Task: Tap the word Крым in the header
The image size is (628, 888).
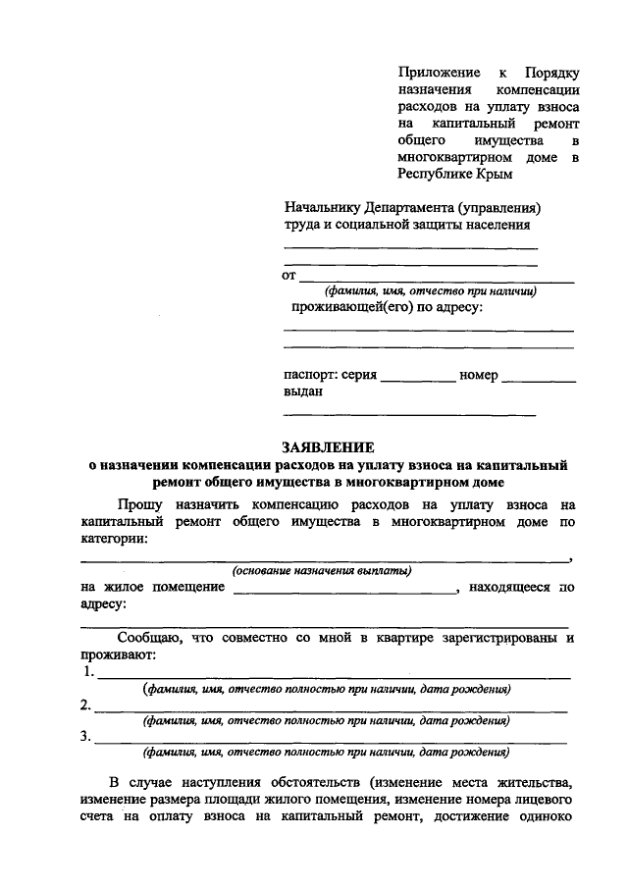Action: coord(493,174)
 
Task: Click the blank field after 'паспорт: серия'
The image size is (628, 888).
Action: coord(417,378)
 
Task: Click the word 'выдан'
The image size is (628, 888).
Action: coord(303,392)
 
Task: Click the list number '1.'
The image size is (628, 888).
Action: coord(88,672)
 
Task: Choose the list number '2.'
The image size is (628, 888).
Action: coord(86,705)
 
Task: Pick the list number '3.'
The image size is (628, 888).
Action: coord(86,737)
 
